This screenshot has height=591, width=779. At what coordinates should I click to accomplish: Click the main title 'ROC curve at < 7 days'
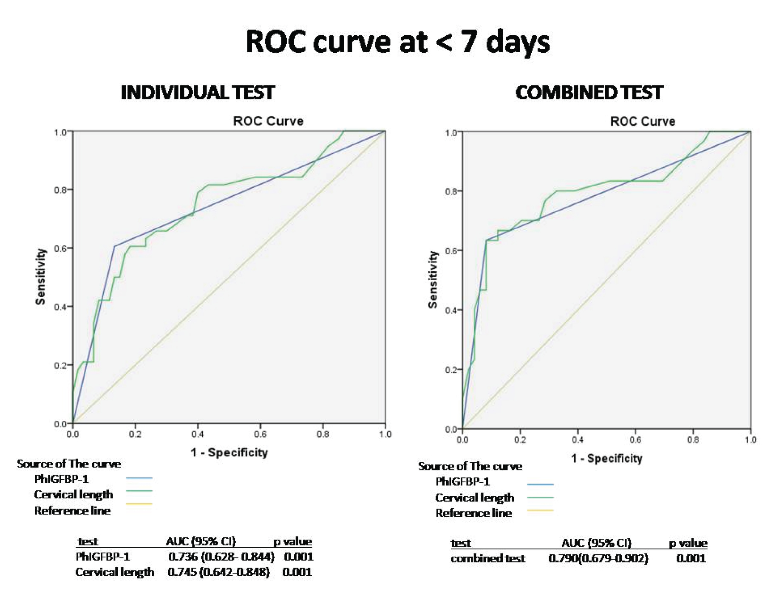[x=397, y=42]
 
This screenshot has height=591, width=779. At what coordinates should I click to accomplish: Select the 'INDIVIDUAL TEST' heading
[x=198, y=93]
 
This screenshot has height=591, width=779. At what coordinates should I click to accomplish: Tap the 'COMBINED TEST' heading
[x=589, y=93]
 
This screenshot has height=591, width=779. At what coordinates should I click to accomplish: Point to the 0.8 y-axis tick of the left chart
[x=60, y=190]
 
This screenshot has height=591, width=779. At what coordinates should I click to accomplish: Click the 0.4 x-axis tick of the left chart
[x=198, y=434]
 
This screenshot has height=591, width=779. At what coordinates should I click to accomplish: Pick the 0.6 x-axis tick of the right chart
[x=635, y=439]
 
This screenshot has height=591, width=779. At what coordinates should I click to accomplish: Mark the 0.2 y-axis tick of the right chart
[x=451, y=370]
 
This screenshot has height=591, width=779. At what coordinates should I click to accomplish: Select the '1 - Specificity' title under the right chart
[x=606, y=459]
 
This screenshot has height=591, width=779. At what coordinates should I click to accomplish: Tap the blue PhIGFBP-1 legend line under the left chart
[x=139, y=478]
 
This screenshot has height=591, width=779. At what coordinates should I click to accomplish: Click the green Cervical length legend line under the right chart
[x=540, y=497]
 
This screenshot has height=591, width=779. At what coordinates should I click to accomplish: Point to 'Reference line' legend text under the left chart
[x=72, y=511]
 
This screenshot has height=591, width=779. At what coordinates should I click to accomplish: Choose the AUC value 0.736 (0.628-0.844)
[x=221, y=557]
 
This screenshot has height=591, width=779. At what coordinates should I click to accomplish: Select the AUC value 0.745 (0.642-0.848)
[x=218, y=572]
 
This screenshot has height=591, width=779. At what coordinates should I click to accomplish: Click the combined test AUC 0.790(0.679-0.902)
[x=598, y=558]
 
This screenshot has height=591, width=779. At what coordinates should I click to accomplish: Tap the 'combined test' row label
[x=488, y=558]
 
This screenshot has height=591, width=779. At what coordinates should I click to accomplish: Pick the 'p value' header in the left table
[x=292, y=541]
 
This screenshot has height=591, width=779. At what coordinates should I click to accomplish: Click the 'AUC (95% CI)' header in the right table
[x=596, y=543]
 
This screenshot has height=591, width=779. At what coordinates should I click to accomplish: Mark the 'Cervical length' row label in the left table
[x=115, y=572]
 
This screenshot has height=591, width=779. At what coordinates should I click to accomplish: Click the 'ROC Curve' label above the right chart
[x=643, y=121]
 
